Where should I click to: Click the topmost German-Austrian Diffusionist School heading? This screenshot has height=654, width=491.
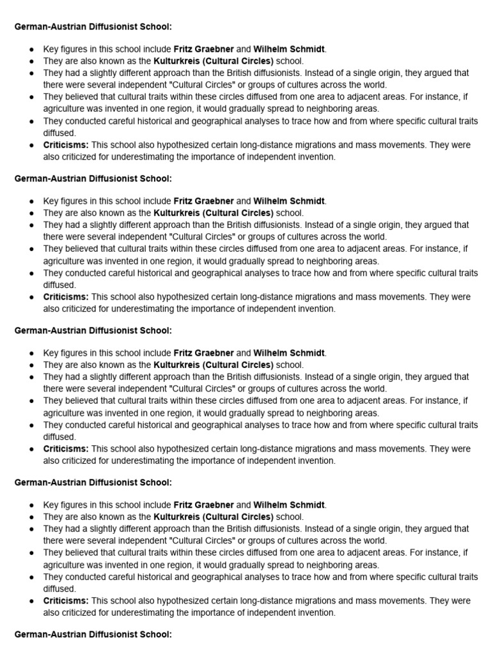click(93, 27)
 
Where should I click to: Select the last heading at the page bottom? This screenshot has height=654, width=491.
click(93, 635)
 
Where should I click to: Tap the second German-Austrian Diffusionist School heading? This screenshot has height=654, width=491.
click(93, 179)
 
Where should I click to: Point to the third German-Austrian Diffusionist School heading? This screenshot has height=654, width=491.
click(93, 331)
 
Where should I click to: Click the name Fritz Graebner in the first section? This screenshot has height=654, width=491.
click(204, 49)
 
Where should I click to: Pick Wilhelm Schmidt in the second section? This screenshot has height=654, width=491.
click(289, 201)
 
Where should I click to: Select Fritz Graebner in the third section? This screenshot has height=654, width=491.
click(204, 353)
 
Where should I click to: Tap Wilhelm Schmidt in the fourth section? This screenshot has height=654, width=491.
click(289, 505)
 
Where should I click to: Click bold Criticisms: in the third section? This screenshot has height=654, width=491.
click(66, 449)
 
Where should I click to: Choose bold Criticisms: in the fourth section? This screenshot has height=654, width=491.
click(66, 601)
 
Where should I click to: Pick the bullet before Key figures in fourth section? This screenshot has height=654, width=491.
click(33, 505)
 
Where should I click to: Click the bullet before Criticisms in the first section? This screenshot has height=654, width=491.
click(33, 145)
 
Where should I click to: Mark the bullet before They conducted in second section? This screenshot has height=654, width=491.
click(33, 273)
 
